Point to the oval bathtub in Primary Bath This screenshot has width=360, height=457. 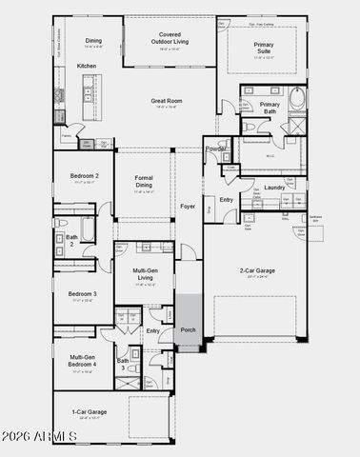pyautogui.click(x=297, y=98)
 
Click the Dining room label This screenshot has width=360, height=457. pyautogui.click(x=93, y=41)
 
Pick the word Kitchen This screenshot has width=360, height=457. pyautogui.click(x=87, y=66)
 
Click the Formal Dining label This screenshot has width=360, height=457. pyautogui.click(x=145, y=181)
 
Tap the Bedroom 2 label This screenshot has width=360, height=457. pyautogui.click(x=82, y=177)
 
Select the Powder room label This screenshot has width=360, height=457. pyautogui.click(x=216, y=149)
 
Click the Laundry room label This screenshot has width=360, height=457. pyautogui.click(x=275, y=188)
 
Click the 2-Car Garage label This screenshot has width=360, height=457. pyautogui.click(x=256, y=270)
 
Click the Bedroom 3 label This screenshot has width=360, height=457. pyautogui.click(x=82, y=294)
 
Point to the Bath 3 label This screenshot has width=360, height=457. pyautogui.click(x=122, y=365)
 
